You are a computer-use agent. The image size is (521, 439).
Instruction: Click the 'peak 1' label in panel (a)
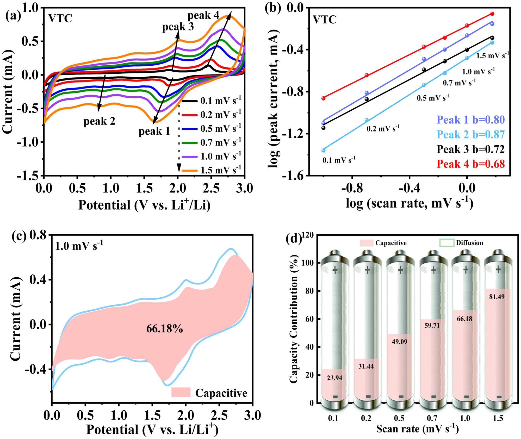point(154,131)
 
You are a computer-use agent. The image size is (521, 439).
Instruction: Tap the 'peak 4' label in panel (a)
point(203,15)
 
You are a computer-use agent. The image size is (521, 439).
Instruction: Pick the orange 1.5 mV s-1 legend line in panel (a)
point(189,171)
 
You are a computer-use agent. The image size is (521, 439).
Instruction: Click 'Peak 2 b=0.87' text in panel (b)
point(470,134)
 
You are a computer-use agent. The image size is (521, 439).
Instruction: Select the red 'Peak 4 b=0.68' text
point(470,164)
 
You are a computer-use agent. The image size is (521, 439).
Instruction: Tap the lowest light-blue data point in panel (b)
point(323,150)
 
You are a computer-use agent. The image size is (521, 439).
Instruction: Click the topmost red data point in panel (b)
point(492,14)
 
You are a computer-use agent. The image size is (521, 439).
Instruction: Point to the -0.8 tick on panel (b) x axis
point(352,188)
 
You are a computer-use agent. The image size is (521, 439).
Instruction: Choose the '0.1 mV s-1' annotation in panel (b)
point(339,160)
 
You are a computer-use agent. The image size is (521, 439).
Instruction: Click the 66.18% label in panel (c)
point(165,329)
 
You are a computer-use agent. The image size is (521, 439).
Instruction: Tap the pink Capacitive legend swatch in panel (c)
point(181,392)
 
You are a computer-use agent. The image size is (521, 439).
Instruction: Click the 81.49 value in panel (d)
point(497,297)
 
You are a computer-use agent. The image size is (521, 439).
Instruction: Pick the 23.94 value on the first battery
point(334,378)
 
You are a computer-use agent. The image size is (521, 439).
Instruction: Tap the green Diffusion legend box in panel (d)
point(447,243)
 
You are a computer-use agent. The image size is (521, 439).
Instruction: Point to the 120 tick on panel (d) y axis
point(308,235)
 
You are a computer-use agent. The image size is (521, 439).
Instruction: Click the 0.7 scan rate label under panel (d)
point(432,418)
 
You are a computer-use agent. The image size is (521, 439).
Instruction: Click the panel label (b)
point(273,9)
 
